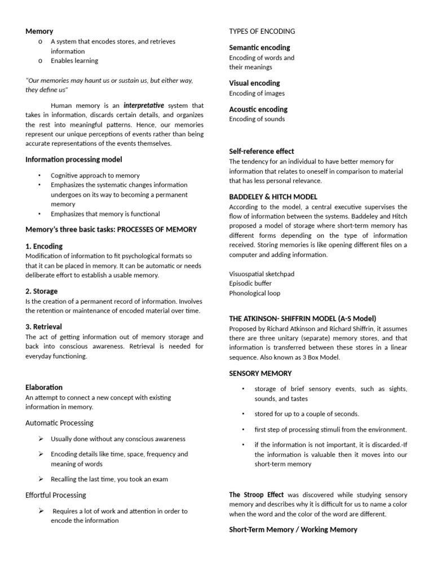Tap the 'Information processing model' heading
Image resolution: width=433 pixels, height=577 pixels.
[73, 159]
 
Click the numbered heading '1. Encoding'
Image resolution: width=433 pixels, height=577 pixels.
[44, 246]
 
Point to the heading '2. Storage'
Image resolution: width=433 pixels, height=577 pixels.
[42, 291]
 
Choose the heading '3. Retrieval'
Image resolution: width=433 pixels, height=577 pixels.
[43, 327]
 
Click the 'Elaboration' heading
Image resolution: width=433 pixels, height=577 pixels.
[44, 387]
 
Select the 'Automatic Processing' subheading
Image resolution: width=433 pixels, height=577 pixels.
[59, 423]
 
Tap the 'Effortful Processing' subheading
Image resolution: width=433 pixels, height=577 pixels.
[56, 495]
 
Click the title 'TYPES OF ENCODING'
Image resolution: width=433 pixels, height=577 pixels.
[262, 31]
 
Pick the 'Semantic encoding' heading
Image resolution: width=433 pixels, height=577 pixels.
[259, 47]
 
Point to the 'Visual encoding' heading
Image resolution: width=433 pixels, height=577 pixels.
[254, 83]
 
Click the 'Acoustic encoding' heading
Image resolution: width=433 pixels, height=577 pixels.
[258, 109]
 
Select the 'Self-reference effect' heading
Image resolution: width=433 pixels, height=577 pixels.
[262, 151]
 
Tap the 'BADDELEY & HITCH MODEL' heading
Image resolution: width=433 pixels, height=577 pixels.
[273, 197]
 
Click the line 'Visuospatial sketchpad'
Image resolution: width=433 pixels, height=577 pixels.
[262, 274]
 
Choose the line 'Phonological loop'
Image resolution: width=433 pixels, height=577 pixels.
[254, 293]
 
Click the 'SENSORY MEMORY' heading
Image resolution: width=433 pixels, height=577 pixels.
[260, 373]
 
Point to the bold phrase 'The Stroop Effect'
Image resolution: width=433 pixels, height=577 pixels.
[257, 495]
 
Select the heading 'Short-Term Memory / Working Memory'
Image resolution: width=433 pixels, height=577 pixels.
[293, 529]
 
